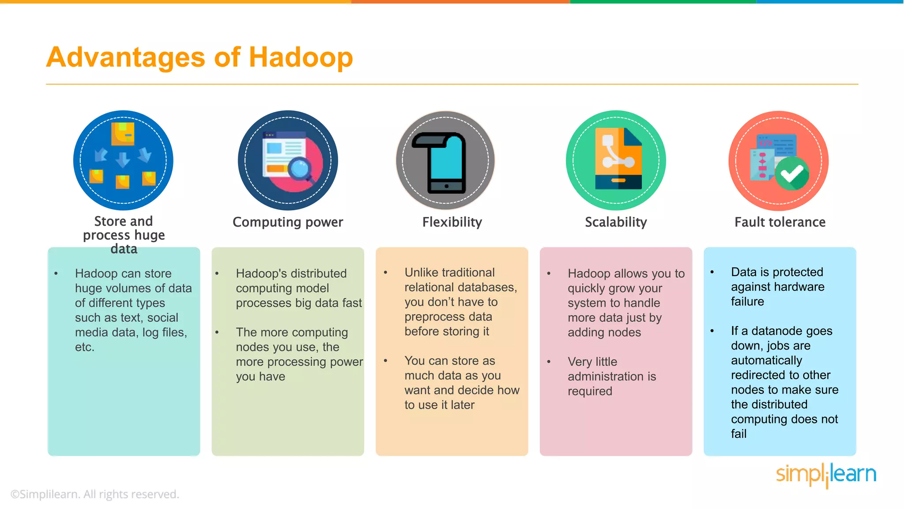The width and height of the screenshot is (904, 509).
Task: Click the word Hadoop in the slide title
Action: [301, 57]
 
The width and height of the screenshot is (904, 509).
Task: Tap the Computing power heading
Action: [288, 222]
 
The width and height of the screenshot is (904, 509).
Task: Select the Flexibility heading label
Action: [452, 222]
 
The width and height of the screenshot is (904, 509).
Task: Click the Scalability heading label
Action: [616, 222]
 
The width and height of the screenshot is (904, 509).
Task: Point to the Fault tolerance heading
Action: [780, 222]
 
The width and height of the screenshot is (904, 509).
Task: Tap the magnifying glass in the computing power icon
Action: [301, 170]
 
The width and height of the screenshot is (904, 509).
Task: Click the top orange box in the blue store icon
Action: [123, 133]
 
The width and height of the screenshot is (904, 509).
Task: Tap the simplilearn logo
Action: [826, 475]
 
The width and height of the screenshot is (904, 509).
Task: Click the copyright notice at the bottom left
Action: [94, 494]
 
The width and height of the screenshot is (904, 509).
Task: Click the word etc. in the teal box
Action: [84, 347]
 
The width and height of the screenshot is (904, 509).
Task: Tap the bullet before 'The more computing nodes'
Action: [217, 332]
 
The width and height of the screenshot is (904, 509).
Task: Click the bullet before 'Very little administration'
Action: [549, 362]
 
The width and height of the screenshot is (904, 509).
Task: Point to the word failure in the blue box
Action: [747, 301]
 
